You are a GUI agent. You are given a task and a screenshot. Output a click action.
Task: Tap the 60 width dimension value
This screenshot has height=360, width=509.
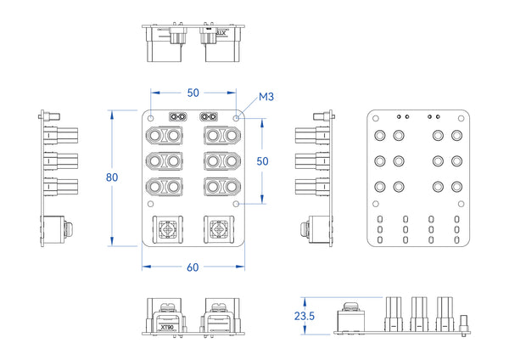point(193,267)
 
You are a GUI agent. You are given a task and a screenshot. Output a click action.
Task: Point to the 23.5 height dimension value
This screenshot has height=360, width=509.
point(303,315)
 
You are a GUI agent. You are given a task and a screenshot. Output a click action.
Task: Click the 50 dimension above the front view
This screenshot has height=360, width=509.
point(193,92)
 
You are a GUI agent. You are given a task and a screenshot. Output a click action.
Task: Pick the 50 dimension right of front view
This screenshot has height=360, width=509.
point(263,160)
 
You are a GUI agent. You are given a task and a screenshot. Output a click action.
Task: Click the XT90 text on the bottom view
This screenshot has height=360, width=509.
point(166,326)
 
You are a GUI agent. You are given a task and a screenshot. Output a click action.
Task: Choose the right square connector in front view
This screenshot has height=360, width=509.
point(220,230)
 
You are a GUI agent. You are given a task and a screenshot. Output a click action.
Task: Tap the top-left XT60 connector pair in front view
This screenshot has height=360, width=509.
point(165,136)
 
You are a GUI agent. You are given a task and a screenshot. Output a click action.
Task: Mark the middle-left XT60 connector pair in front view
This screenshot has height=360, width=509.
point(165,161)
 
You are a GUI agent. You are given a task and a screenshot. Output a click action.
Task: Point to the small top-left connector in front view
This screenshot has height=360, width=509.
point(178,116)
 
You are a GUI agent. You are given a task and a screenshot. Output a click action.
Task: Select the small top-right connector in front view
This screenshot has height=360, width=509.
point(208,116)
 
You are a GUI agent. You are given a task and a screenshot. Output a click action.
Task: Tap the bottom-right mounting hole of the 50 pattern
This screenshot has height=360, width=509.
point(235,204)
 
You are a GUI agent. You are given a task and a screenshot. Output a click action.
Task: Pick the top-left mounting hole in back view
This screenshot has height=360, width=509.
point(377,120)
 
